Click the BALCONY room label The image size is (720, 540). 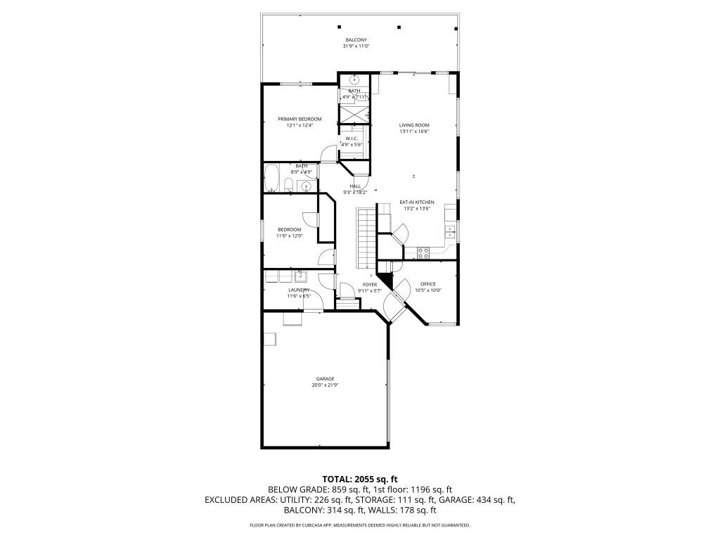click(x=356, y=39)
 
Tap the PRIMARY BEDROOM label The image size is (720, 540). click(x=300, y=119)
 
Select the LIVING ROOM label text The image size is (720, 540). click(x=414, y=124)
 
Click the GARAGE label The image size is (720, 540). click(x=325, y=378)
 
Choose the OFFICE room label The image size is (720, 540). click(x=428, y=284)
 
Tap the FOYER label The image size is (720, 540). click(x=370, y=284)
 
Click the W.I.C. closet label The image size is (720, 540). click(x=352, y=139)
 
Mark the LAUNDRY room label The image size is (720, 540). click(x=299, y=289)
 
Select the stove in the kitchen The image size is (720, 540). click(x=424, y=250)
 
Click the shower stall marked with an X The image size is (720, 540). click(x=355, y=112)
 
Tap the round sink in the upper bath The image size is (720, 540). click(x=354, y=79)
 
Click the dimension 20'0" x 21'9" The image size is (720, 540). click(x=325, y=385)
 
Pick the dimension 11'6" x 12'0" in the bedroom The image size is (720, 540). click(x=289, y=236)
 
